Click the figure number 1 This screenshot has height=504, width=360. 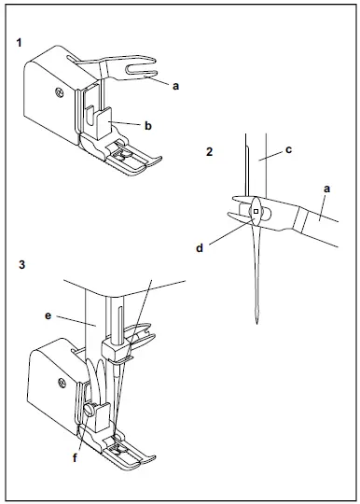click(x=20, y=42)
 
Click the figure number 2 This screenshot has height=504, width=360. click(x=209, y=151)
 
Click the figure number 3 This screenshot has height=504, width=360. click(x=21, y=264)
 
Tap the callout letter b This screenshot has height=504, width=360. click(x=147, y=126)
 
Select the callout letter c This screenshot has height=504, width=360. click(x=288, y=149)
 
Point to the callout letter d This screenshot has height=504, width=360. click(x=200, y=248)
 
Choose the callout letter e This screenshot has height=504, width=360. click(x=48, y=315)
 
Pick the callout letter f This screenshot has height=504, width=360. click(x=75, y=457)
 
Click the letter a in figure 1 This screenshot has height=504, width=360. click(x=175, y=86)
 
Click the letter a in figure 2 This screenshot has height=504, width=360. click(x=326, y=189)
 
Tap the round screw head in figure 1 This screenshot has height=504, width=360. click(x=59, y=92)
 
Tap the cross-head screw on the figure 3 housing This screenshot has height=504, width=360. click(x=62, y=384)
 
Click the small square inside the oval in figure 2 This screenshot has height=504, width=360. click(x=256, y=211)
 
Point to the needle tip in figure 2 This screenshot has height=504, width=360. click(x=256, y=323)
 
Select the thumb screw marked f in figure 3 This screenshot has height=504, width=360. click(x=89, y=409)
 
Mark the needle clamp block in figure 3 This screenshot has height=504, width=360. click(x=114, y=350)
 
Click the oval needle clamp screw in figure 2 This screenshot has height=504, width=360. click(x=256, y=212)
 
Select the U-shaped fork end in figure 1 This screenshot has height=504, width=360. click(x=142, y=68)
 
